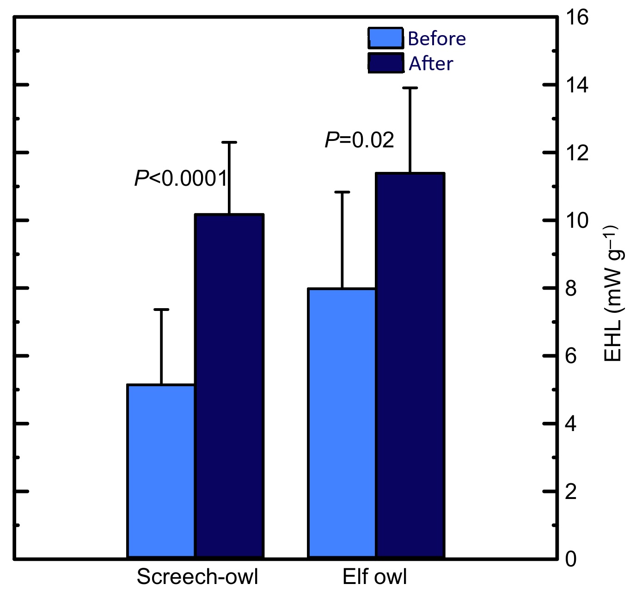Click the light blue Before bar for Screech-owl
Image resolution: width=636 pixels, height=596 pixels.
[161, 471]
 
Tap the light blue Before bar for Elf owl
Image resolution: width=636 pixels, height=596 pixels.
[342, 423]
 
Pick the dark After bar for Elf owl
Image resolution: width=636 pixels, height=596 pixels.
[410, 365]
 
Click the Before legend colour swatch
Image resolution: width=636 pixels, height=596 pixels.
[385, 38]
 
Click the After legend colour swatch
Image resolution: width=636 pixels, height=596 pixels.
[385, 63]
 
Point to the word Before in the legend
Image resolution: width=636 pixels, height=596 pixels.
[437, 39]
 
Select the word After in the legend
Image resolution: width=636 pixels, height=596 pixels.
[431, 64]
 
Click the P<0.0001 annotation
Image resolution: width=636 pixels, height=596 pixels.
[181, 178]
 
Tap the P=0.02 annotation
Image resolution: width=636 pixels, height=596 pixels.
[360, 140]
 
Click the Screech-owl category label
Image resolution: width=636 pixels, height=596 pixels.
[197, 577]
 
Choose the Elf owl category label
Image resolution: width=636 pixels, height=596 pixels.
[375, 577]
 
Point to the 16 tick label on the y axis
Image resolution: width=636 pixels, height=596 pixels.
[577, 18]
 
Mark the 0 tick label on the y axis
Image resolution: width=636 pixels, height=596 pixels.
[571, 560]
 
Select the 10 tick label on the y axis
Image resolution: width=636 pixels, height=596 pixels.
[577, 221]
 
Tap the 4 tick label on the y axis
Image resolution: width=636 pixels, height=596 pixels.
[571, 424]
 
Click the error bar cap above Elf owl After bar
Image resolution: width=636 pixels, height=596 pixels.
[410, 88]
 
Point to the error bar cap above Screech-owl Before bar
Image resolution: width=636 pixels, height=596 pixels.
[161, 310]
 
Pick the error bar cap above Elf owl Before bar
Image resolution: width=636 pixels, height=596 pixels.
[342, 192]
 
